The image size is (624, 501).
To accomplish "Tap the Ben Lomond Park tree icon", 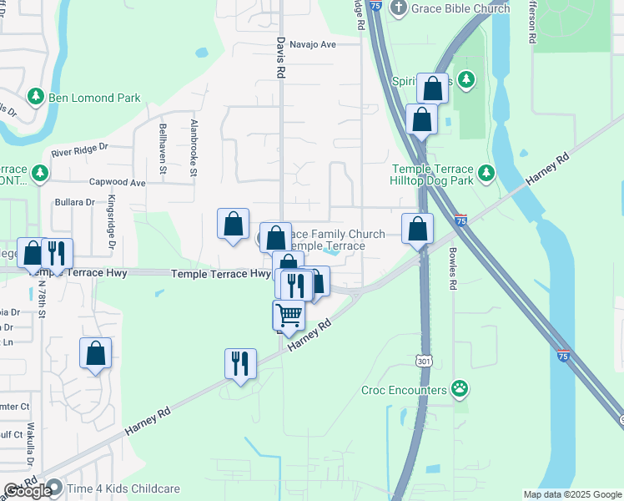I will pyautogui.click(x=36, y=98).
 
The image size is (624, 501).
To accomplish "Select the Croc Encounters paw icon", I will pyautogui.click(x=459, y=388).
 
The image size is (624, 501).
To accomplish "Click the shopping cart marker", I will pyautogui.click(x=289, y=316).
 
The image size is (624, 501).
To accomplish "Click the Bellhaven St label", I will pyautogui.click(x=164, y=148).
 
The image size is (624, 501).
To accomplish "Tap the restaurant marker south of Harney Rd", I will pyautogui.click(x=239, y=364).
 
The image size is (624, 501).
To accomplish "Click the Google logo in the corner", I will pyautogui.click(x=28, y=490).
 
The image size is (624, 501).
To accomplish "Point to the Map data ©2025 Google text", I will pyautogui.click(x=571, y=494).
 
